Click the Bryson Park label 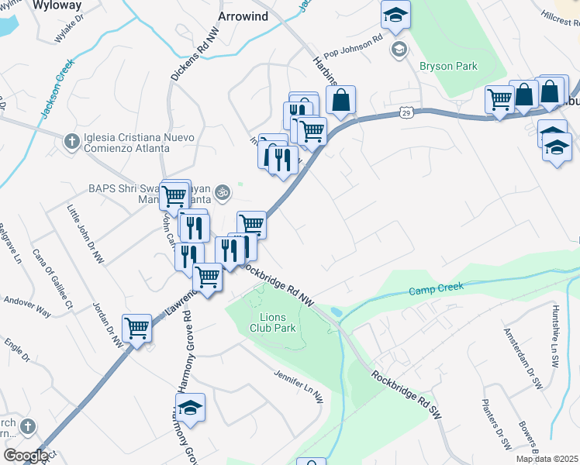pos(448,67)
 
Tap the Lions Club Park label pos(268,322)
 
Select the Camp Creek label pos(436,289)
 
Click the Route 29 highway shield pos(406,113)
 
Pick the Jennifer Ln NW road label pos(298,384)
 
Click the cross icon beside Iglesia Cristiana pos(71,141)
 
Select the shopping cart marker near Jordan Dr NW pos(136,328)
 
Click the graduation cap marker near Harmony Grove pos(190,407)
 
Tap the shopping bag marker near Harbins pos(341,99)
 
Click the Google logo pos(26,455)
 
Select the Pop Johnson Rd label pos(353,47)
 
